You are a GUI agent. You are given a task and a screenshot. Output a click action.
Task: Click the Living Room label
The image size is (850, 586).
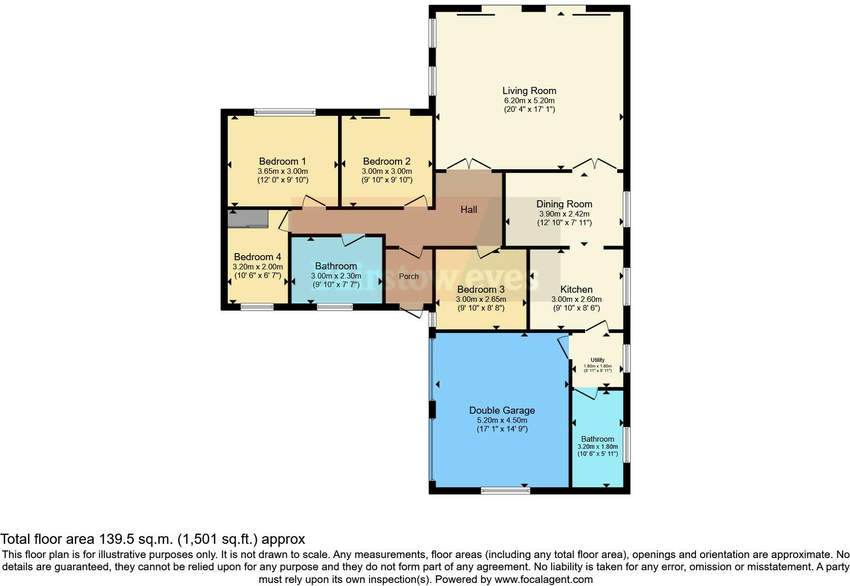click(529, 91)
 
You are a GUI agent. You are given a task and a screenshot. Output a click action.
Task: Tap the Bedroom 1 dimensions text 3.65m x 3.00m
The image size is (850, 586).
click(283, 171)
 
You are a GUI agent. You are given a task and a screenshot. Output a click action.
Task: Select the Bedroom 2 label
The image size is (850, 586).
click(386, 162)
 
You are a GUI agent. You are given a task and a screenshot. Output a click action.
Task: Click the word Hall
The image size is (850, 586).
click(469, 209)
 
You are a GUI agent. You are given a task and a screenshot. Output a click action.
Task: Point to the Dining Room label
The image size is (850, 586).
click(564, 204)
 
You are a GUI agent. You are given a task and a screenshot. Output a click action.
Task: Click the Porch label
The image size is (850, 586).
click(409, 276)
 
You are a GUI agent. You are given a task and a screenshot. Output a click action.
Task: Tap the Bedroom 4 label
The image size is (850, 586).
click(257, 257)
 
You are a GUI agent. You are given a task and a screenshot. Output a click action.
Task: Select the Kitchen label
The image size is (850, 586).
click(576, 289)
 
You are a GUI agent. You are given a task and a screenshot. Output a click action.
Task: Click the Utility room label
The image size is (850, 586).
click(597, 360)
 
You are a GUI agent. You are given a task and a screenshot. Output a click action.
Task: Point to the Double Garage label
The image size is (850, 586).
click(502, 410)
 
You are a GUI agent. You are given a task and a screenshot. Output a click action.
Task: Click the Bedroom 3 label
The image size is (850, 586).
click(480, 290)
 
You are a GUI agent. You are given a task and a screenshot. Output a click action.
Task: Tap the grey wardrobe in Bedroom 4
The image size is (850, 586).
click(248, 219)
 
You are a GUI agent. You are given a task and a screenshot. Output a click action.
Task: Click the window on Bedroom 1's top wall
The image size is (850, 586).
click(285, 112)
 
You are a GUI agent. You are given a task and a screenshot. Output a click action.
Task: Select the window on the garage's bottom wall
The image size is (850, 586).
click(505, 490)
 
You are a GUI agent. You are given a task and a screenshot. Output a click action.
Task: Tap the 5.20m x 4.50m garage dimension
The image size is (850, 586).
click(502, 420)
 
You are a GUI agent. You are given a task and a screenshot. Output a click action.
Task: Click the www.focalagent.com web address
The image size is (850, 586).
click(543, 579)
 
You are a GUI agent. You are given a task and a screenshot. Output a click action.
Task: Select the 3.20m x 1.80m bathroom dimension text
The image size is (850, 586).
click(597, 447)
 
